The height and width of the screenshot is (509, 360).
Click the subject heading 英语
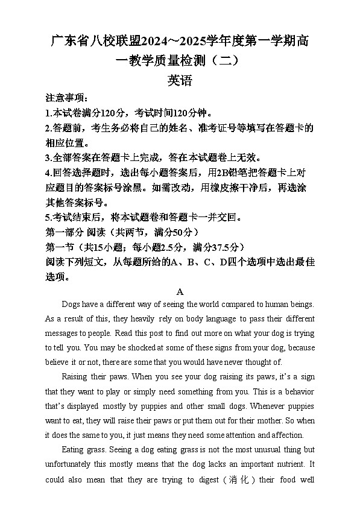click(x=180, y=81)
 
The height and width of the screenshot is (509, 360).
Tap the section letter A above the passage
click(x=180, y=291)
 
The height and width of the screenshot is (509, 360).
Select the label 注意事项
click(x=66, y=98)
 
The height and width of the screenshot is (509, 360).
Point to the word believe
click(x=59, y=362)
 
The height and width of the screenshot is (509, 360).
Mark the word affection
click(x=285, y=435)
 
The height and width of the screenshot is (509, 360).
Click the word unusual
click(x=255, y=450)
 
